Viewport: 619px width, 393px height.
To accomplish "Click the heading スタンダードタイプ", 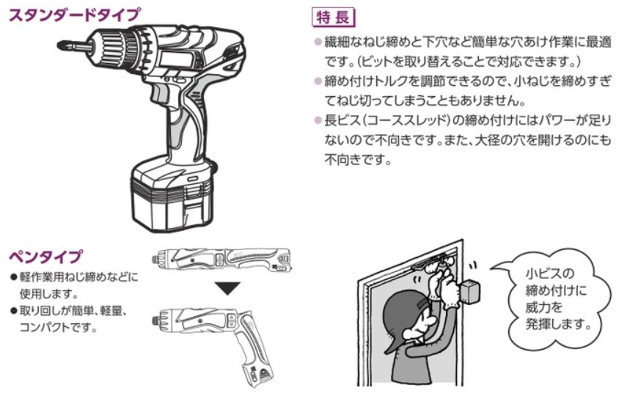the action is point(75,15).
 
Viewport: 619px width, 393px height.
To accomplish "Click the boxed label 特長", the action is point(333,18).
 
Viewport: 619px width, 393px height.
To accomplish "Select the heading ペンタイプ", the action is point(45,257).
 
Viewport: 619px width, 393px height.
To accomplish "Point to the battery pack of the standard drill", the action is point(172,194).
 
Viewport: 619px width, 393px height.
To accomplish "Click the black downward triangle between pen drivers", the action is point(228,288).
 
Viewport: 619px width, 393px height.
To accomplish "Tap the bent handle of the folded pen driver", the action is point(252,351).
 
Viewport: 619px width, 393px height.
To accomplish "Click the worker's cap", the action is point(399,320).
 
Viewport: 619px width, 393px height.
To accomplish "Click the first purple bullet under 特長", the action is point(318,42).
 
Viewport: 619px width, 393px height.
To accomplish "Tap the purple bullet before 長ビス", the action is point(318,120).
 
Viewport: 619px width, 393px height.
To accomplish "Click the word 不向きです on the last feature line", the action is point(358,160).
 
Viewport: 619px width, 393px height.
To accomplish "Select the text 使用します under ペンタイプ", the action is point(49,294).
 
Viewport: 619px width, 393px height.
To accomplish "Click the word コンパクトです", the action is point(58,328).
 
